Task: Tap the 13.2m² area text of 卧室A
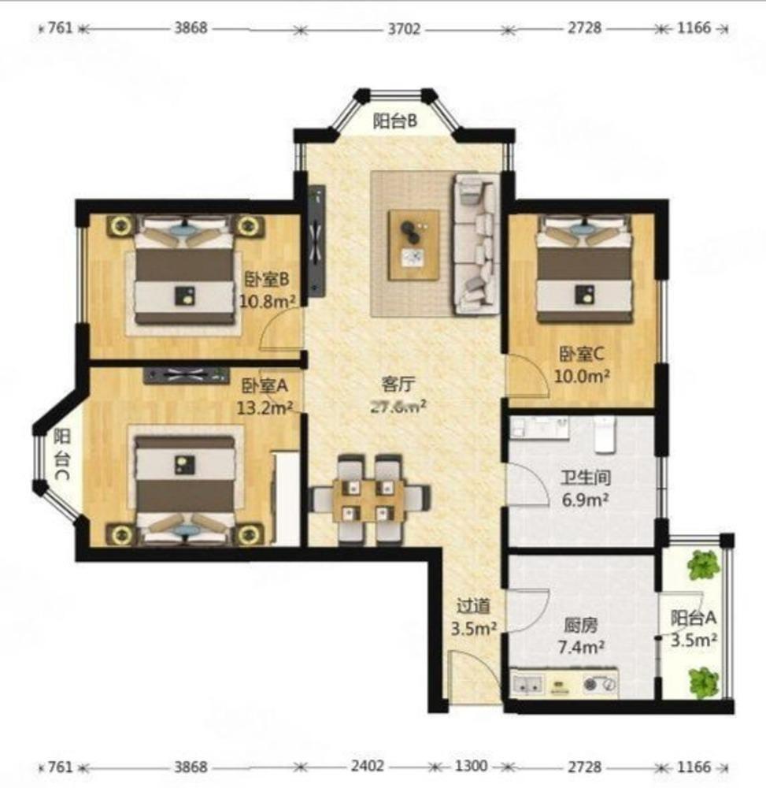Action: (x=265, y=407)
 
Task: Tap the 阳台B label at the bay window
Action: (x=394, y=121)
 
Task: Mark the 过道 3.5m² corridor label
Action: (x=476, y=617)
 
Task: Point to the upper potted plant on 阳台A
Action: (x=703, y=564)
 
